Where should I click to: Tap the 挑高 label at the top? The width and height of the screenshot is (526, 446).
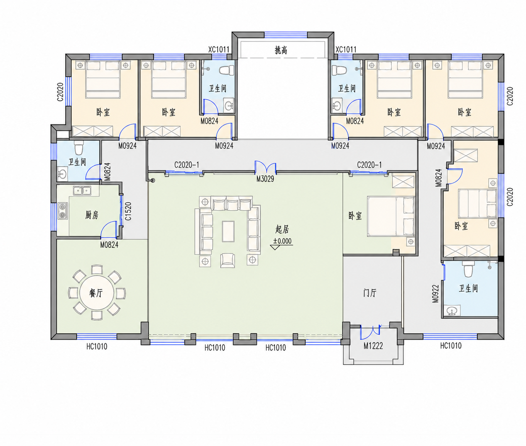(281, 50)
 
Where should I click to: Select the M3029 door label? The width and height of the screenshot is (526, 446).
(265, 179)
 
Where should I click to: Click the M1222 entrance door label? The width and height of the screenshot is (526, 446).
(373, 346)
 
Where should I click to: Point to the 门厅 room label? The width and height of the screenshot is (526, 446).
(370, 293)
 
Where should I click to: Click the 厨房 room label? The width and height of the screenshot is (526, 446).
(91, 215)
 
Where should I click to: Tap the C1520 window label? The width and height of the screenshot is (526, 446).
(128, 211)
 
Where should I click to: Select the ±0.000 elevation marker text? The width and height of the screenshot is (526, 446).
(282, 241)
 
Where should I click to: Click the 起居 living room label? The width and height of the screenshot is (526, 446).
(282, 229)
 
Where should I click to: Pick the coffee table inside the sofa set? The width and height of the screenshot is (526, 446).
(228, 231)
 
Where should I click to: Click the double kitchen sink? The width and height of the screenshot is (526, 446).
(82, 191)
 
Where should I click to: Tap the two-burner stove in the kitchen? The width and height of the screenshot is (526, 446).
(63, 211)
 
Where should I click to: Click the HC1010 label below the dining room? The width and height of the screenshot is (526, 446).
(97, 346)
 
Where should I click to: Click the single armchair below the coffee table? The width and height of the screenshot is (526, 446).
(228, 260)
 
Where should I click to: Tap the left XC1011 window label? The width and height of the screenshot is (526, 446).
(218, 49)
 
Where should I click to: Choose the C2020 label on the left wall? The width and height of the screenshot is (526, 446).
(60, 92)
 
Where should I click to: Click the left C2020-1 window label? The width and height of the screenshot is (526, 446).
(186, 165)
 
